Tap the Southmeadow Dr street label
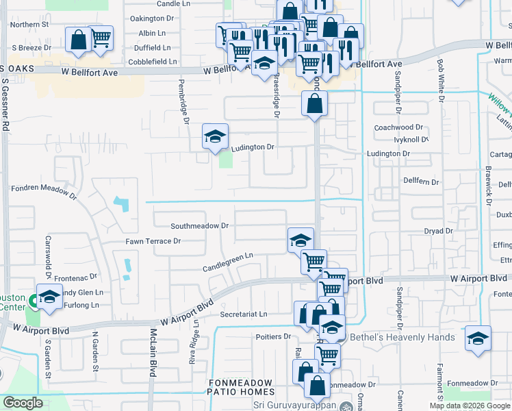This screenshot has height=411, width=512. (x=199, y=225)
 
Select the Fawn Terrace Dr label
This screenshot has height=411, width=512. (x=153, y=241)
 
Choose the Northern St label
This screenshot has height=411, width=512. (x=29, y=24)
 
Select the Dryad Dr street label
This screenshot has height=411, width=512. (x=439, y=232)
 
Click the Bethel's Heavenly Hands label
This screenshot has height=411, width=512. (x=402, y=337)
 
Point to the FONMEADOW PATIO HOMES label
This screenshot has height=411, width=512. (x=240, y=388)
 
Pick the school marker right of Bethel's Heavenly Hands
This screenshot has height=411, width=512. (x=478, y=338)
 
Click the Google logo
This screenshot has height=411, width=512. (x=23, y=403)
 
